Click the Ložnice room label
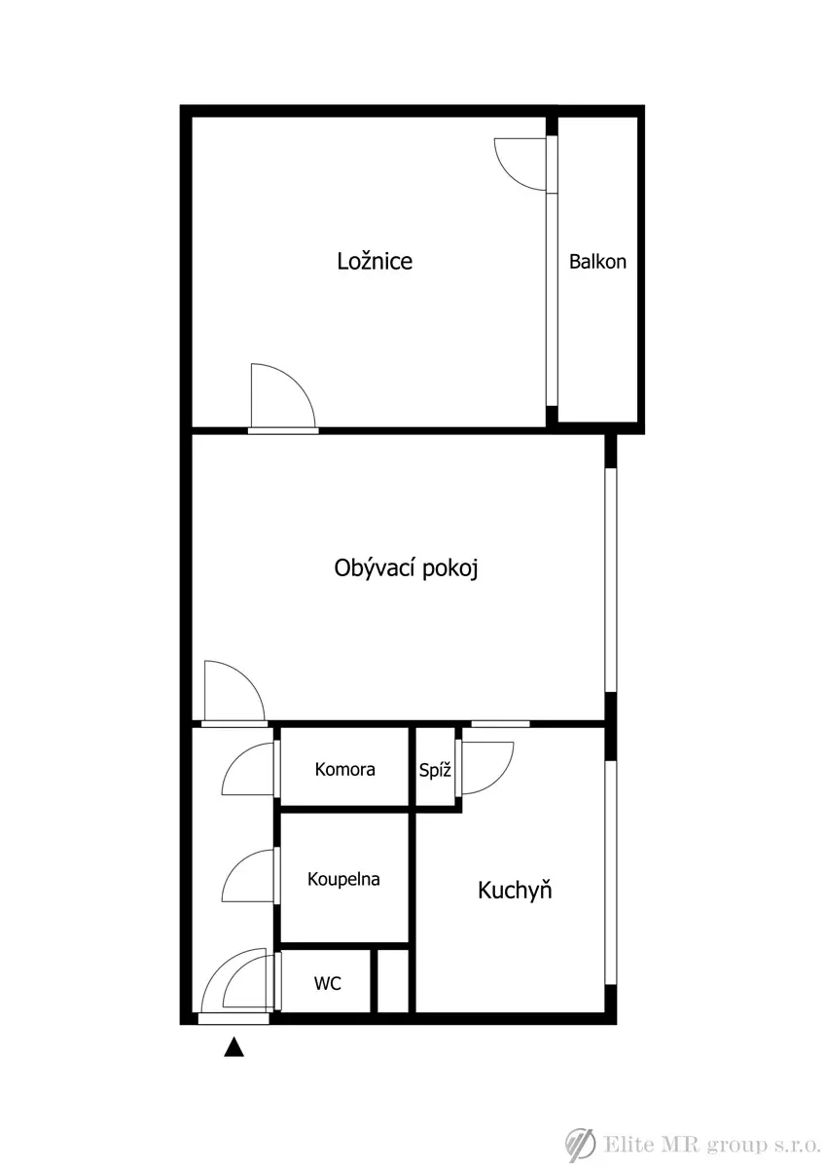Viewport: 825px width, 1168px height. pos(375,261)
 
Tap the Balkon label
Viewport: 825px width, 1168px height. pos(597,261)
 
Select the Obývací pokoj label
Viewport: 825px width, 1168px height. pos(406,567)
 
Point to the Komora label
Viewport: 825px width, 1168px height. pos(344,769)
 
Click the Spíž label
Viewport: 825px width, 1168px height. pos(435,770)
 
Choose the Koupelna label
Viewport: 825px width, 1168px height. pos(343,879)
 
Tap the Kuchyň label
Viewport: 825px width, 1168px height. pos(515,890)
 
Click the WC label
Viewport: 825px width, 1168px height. pos(327,983)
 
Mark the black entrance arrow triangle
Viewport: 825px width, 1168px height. pos(234,1046)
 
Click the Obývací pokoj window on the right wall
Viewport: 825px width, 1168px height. pos(610,580)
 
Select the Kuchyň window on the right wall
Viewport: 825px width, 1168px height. pos(610,872)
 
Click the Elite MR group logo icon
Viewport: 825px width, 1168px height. pos(580,1145)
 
